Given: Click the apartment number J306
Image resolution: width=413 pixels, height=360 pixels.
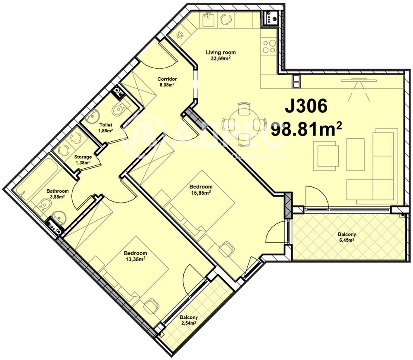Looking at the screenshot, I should tap(306, 106).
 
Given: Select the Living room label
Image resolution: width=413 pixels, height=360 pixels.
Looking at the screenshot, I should tap(221, 52).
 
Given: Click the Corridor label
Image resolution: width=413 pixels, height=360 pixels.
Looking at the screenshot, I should tap(167, 79).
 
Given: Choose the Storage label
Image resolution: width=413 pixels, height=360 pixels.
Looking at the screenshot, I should tap(83, 157).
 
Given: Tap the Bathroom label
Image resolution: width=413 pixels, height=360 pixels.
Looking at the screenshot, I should tap(57, 191).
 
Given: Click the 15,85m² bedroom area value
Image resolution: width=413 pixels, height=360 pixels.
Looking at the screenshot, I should tap(202, 192).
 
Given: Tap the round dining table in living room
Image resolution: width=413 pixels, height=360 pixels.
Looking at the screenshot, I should tap(243, 123).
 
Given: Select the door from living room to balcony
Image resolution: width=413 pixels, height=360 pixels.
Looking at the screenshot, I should tap(316, 198).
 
